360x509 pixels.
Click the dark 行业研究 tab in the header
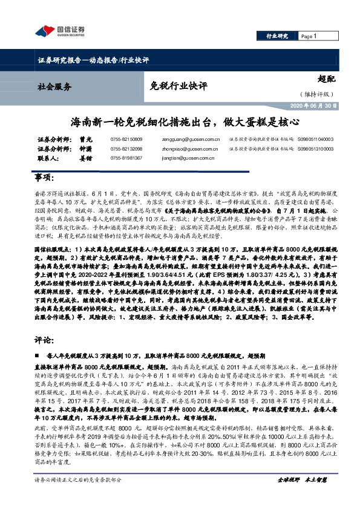(x=278, y=36)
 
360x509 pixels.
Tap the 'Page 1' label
(x=309, y=36)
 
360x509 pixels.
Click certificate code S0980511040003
(x=315, y=139)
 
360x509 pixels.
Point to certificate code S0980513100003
(x=315, y=148)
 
